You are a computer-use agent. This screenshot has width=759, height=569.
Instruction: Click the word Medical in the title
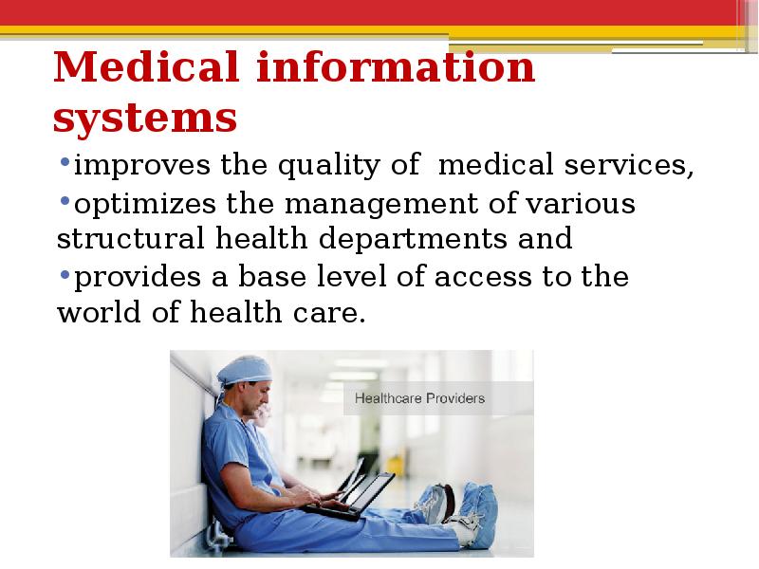[146, 66]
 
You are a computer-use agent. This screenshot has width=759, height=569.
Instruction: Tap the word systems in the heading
[145, 118]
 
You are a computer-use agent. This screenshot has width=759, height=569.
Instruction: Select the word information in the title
[396, 66]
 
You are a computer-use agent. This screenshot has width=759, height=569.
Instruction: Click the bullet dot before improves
[65, 161]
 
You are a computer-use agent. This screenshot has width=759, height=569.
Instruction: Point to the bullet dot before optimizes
[65, 200]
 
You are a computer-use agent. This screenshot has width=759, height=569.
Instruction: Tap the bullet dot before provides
[65, 274]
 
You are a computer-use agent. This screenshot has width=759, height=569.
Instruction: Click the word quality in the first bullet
[328, 165]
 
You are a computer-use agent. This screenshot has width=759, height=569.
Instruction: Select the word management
[381, 204]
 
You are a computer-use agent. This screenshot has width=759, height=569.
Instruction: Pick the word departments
[413, 239]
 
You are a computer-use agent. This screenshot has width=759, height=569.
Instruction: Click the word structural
[130, 239]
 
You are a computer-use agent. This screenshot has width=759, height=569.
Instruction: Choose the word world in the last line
[99, 312]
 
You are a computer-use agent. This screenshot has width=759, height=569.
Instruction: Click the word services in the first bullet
[629, 165]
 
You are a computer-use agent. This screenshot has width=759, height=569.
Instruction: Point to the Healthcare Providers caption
[419, 398]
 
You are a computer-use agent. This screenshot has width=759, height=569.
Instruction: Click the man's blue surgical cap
[245, 371]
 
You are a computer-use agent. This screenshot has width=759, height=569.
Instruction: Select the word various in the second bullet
[581, 204]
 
